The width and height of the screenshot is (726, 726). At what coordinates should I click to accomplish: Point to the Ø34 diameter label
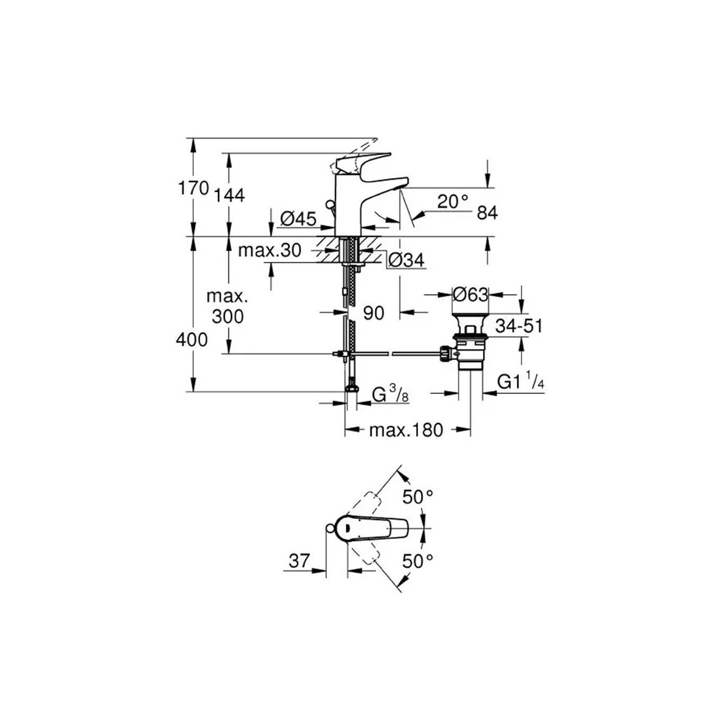click(406, 260)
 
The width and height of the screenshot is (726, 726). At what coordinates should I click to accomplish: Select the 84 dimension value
click(487, 213)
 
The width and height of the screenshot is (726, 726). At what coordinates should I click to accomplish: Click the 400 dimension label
click(192, 339)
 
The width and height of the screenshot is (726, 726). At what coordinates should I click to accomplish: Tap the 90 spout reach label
click(373, 313)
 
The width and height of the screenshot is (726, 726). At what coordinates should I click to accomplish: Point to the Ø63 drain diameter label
click(470, 294)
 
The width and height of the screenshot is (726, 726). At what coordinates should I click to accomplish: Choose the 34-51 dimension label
click(519, 326)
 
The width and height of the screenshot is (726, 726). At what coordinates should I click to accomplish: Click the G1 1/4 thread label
click(520, 382)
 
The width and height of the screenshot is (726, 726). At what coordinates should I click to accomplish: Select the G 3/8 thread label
click(390, 394)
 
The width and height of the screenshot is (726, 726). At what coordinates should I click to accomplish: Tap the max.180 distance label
click(405, 430)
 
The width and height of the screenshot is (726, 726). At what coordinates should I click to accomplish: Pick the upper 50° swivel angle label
click(418, 497)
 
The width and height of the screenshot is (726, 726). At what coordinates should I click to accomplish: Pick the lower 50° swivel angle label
click(418, 561)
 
